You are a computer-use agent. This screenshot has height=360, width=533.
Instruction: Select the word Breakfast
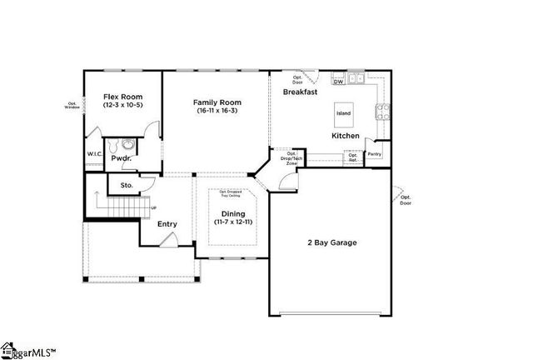coord(300,92)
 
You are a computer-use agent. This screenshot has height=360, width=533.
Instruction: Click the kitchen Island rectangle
coord(343,112)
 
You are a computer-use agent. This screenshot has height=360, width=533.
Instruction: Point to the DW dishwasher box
coord(338,82)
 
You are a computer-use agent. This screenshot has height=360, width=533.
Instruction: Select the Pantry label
coord(375,154)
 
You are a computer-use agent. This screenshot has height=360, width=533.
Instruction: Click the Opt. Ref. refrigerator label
coord(353,156)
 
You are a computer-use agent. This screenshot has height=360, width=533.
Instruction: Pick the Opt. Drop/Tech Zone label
coord(291,158)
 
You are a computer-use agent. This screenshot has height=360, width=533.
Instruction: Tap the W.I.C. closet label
coord(94,154)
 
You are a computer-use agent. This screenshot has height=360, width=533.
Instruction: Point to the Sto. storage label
coord(127,185)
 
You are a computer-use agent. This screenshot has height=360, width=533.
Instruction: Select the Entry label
coord(167,222)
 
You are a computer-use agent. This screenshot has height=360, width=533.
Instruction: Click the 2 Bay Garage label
coord(331,242)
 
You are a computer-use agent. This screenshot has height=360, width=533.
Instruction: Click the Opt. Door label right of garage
coord(405,201)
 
